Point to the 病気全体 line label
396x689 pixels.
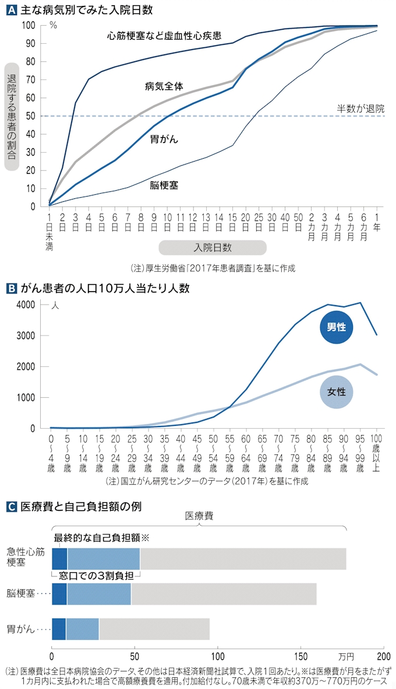[x=164, y=86]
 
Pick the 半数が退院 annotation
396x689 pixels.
[x=360, y=109]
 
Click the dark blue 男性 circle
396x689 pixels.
[x=337, y=327]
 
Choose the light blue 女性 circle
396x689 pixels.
[x=337, y=390]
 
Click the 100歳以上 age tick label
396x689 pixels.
[x=376, y=453]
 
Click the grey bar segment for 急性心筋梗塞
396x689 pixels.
[x=243, y=558]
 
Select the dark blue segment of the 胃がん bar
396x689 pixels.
[x=59, y=629]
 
